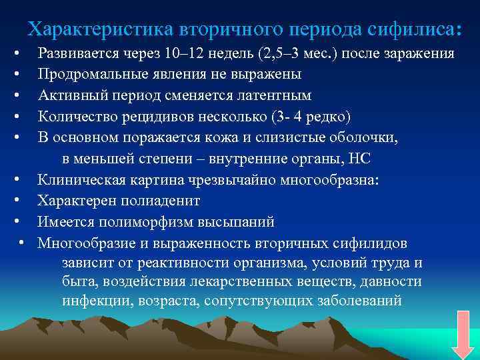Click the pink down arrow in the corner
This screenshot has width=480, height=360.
(x=462, y=335)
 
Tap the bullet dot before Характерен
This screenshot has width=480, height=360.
(x=24, y=201)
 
